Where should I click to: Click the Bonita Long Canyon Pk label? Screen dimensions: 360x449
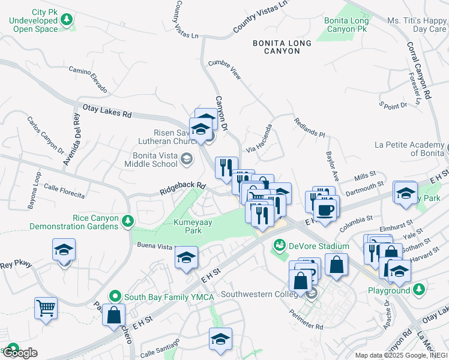click(x=346, y=25)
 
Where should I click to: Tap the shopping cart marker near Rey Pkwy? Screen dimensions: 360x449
click(x=46, y=308)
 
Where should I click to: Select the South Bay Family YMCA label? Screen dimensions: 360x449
click(x=160, y=296)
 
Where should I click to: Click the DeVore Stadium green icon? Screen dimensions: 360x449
click(x=279, y=245)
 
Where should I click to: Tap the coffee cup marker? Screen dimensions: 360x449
click(x=325, y=210)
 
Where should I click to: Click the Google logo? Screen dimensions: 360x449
click(x=20, y=353)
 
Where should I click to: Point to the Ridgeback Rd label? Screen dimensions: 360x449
click(x=182, y=189)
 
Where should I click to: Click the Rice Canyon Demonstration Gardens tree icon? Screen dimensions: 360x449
click(x=127, y=222)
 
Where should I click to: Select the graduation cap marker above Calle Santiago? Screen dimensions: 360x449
click(x=220, y=339)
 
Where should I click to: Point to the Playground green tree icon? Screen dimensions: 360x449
click(x=419, y=290)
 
